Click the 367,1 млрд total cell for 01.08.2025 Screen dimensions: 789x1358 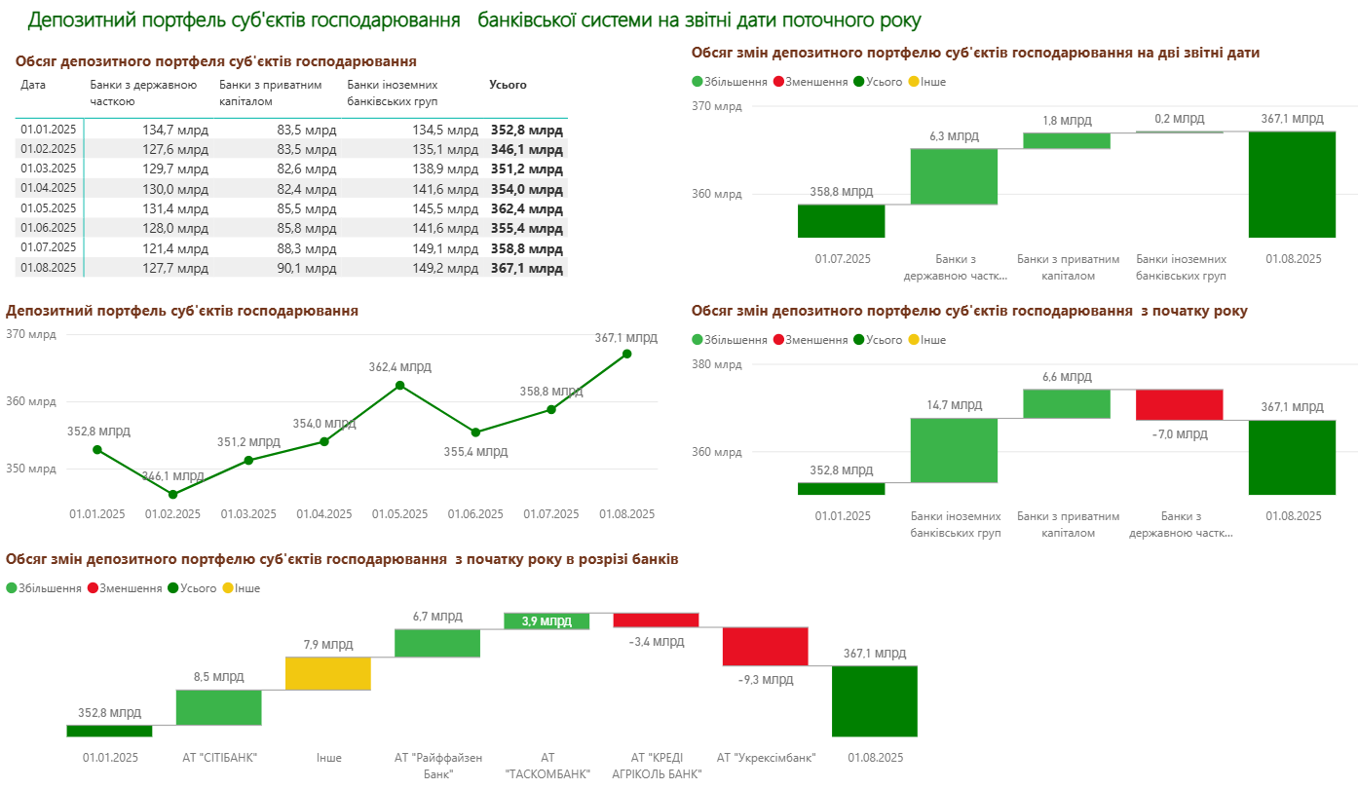pos(526,268)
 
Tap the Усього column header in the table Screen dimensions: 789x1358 pos(508,85)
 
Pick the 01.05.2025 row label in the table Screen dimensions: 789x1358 pos(48,208)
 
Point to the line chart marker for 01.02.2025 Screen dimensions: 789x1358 pos(173,494)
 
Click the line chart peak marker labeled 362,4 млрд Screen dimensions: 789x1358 pos(399,385)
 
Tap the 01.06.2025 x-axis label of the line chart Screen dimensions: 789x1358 pos(475,513)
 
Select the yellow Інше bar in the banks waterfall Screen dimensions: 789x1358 pos(328,673)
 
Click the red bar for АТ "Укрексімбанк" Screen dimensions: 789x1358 pos(766,646)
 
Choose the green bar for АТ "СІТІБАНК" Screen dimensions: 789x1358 pos(219,707)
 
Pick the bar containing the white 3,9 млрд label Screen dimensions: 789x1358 pos(547,620)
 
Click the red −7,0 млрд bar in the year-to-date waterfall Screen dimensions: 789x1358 pos(1180,404)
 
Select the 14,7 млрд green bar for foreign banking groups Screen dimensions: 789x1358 pos(955,450)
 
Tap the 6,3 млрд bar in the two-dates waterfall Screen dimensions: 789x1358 pos(955,176)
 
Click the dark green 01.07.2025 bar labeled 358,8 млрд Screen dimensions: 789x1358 pos(842,220)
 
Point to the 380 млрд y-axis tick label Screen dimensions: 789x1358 pos(716,364)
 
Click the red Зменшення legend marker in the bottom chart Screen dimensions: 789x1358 pos(93,588)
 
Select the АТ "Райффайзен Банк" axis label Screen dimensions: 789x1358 pos(438,765)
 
